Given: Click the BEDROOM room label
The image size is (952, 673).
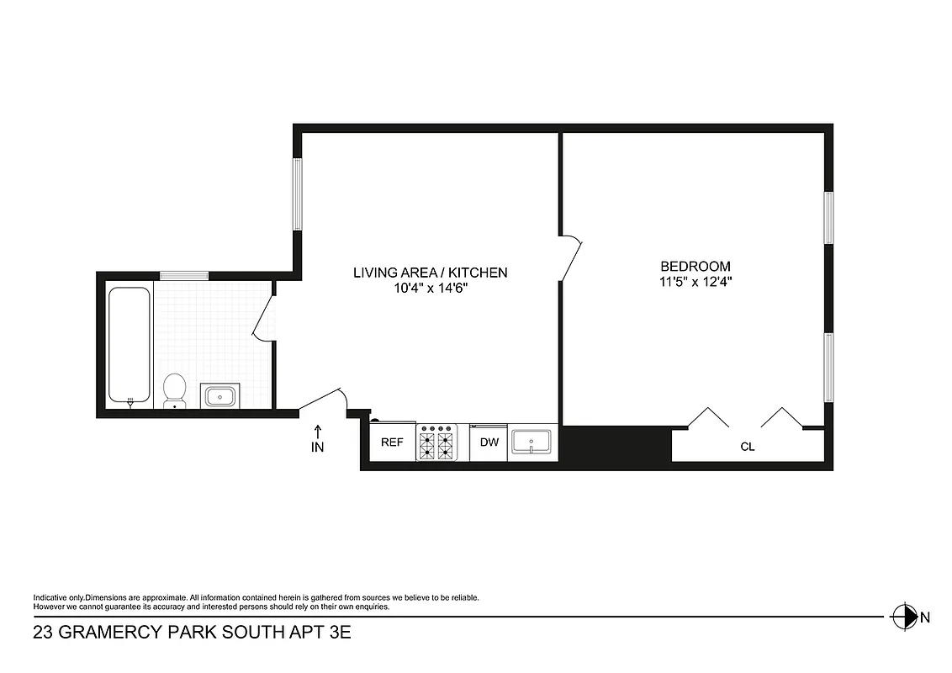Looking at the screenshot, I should tap(695, 265).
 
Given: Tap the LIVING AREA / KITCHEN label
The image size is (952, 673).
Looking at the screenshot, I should tap(430, 273).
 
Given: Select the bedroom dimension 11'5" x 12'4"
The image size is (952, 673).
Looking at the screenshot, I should tap(695, 283).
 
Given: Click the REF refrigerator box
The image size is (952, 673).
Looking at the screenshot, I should tap(393, 442).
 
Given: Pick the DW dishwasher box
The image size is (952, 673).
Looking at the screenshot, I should tap(489, 442).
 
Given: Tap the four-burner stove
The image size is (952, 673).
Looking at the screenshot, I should tap(436, 442).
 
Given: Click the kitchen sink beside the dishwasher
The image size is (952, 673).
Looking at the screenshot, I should tap(532, 442).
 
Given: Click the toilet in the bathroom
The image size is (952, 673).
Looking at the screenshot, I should tap(175, 390).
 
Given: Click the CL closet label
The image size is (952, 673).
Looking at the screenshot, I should tap(747, 447).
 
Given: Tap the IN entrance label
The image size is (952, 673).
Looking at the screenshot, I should tap(317, 448).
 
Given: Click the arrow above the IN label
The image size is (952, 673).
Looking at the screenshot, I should tap(317, 430).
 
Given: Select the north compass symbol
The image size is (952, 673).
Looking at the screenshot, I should tap(904, 617).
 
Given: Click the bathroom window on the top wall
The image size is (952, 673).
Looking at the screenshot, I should tap(184, 275).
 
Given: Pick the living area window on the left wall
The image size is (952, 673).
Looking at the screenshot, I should tap(297, 193).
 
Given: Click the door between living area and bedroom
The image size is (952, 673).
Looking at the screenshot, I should tap(571, 257).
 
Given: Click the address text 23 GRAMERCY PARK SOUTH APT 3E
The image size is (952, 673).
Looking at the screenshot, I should tap(191, 633).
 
